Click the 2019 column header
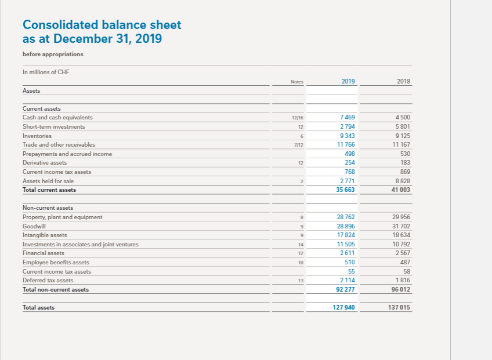348,81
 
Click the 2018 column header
403,81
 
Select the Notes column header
297,82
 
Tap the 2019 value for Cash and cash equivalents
349,117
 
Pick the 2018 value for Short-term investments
403,126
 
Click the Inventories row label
37,136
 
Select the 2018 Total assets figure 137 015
399,307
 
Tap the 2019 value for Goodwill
346,226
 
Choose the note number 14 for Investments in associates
300,244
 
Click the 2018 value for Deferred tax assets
403,280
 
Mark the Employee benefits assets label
56,262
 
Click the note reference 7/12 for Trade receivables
299,144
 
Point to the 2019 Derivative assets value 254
350,163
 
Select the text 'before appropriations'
53,54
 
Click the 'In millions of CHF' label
45,72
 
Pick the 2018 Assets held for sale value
403,181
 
